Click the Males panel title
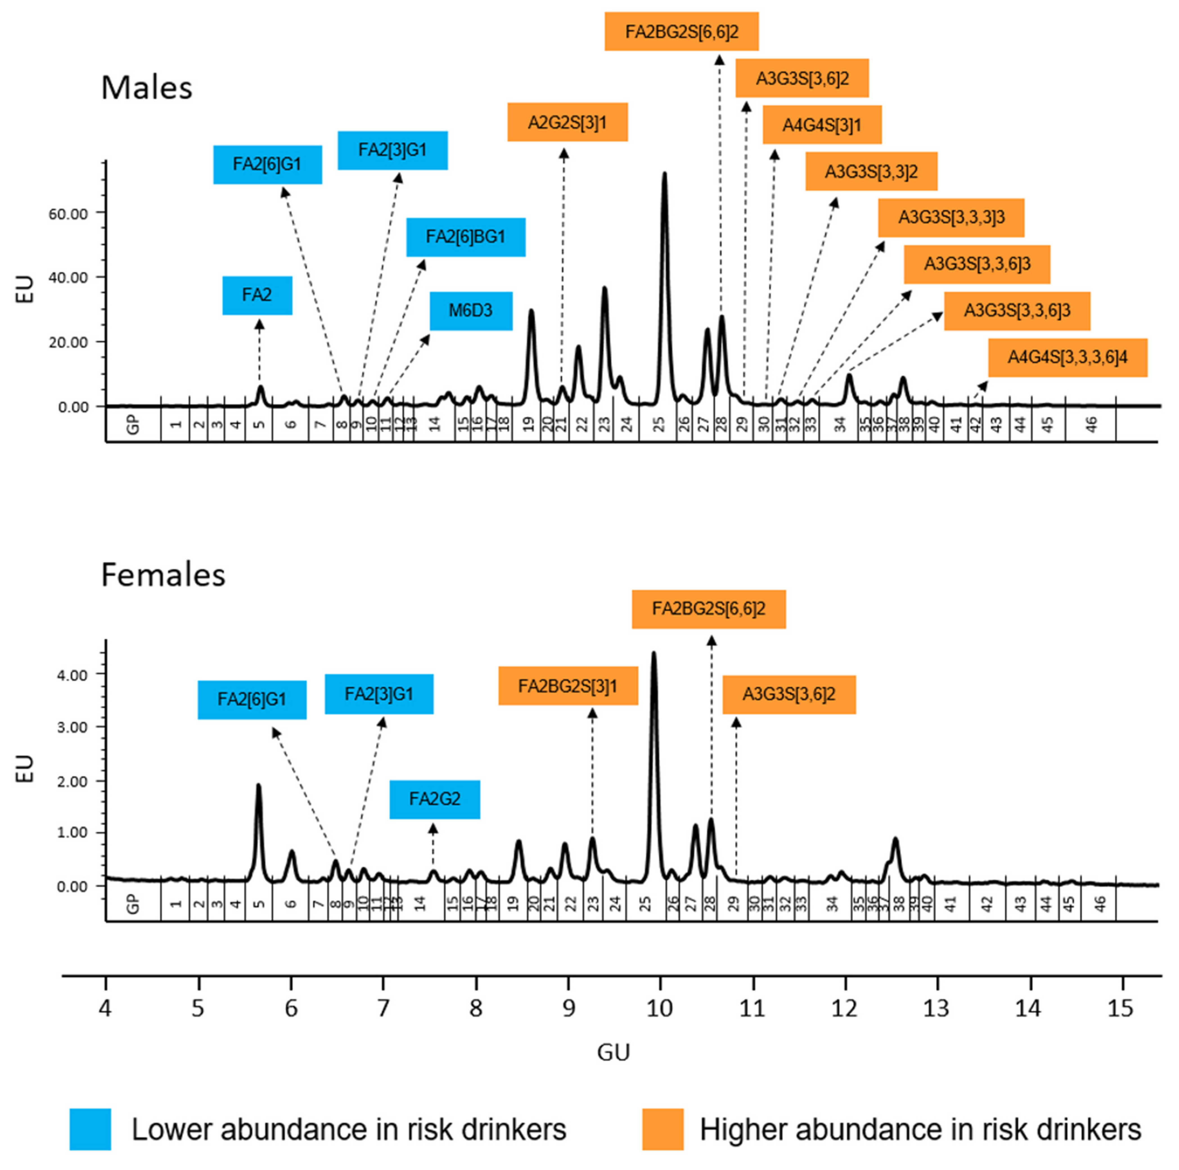click(x=147, y=88)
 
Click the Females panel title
click(x=163, y=575)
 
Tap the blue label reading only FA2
click(x=257, y=295)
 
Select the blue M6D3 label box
click(x=471, y=311)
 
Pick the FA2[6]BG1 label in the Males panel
click(x=466, y=237)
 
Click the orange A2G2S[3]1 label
click(x=568, y=122)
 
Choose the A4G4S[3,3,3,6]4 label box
click(x=1067, y=357)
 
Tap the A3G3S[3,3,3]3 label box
click(x=951, y=217)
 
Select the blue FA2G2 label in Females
click(x=435, y=799)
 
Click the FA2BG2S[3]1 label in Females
click(x=568, y=686)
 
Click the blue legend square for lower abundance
click(x=90, y=1129)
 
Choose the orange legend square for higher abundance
click(x=663, y=1129)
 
